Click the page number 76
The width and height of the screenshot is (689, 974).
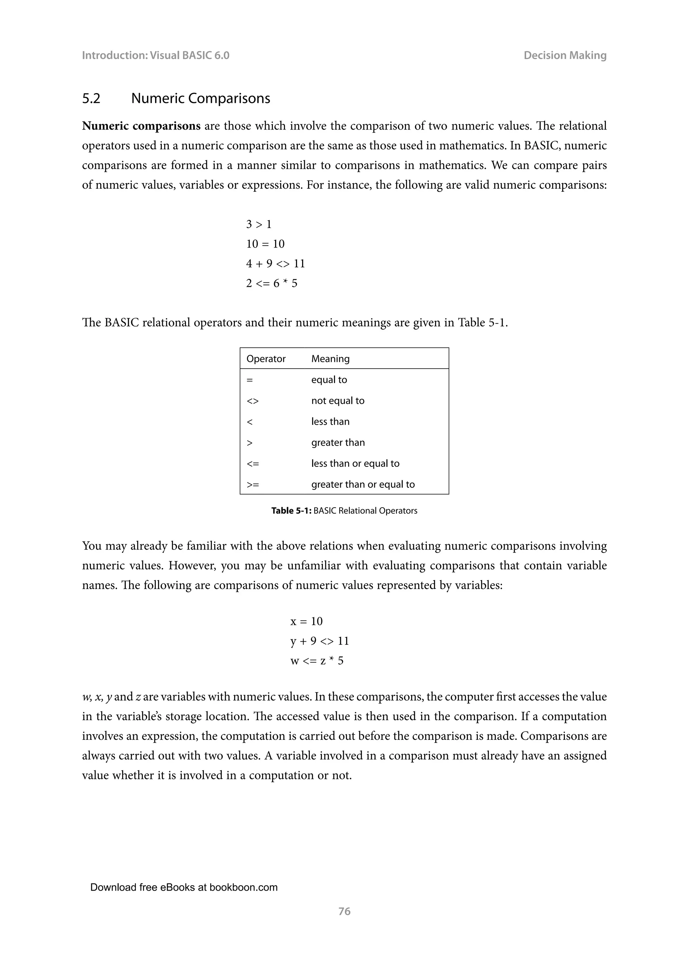coord(344,911)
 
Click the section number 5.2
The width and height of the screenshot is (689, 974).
coord(91,99)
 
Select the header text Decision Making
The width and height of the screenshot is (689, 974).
coord(565,55)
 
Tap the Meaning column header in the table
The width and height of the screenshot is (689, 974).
coord(330,359)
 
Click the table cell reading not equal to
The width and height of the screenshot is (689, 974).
coord(338,401)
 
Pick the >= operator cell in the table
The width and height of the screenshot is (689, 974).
coord(253,484)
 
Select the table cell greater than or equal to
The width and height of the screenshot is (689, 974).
coord(363,484)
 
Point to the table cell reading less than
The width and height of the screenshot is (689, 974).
coord(330,422)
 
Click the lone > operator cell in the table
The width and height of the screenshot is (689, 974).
coord(250,443)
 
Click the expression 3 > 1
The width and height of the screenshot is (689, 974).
coord(259,224)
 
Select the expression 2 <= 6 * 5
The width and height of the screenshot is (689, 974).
coord(271,284)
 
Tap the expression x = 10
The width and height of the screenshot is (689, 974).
coord(306,622)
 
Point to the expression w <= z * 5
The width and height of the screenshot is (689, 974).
coord(317,661)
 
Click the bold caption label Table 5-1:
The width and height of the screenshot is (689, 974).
coord(291,511)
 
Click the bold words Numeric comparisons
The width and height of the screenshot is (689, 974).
coord(141,126)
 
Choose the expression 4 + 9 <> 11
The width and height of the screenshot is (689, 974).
coord(275,264)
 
